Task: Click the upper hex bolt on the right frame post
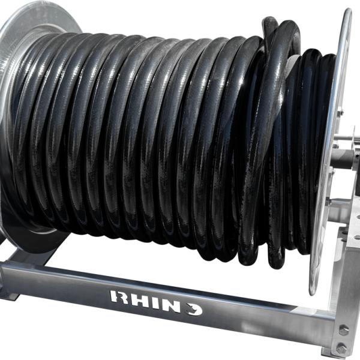point(344,330)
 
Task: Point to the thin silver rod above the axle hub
point(346,139)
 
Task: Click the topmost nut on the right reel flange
point(340,112)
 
